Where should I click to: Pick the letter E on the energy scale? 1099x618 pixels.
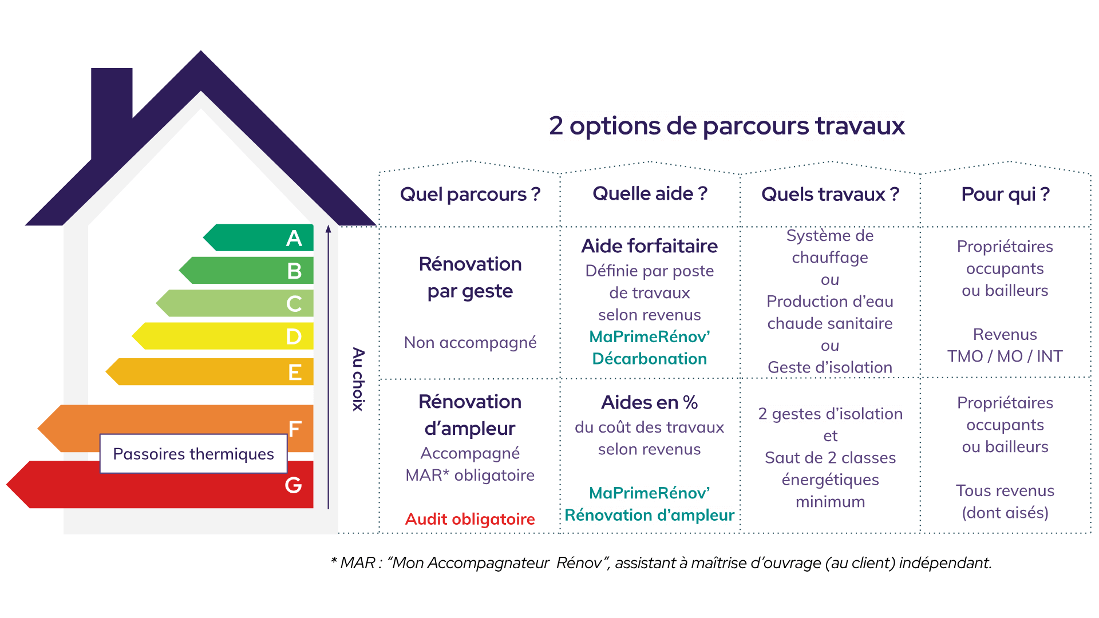pyautogui.click(x=294, y=373)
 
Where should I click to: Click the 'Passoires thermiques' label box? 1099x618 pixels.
pyautogui.click(x=193, y=454)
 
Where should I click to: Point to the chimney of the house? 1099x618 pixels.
pyautogui.click(x=112, y=109)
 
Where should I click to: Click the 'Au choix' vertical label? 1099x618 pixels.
pyautogui.click(x=358, y=379)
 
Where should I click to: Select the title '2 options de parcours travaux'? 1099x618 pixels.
pyautogui.click(x=726, y=126)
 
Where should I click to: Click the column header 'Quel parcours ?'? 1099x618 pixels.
pyautogui.click(x=470, y=195)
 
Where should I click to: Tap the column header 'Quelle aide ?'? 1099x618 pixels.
pyautogui.click(x=650, y=194)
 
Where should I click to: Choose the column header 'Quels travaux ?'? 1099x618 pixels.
pyautogui.click(x=830, y=195)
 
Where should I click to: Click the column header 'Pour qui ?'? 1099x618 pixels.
pyautogui.click(x=1005, y=195)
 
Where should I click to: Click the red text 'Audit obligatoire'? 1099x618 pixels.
pyautogui.click(x=470, y=519)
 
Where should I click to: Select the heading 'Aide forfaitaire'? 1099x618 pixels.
pyautogui.click(x=649, y=246)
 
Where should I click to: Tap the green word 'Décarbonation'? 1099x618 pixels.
pyautogui.click(x=649, y=359)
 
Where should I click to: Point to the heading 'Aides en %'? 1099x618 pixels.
pyautogui.click(x=649, y=403)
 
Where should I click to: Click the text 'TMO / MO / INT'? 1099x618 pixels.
pyautogui.click(x=1005, y=356)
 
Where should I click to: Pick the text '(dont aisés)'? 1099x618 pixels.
pyautogui.click(x=1005, y=513)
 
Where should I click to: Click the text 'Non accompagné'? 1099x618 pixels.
pyautogui.click(x=470, y=342)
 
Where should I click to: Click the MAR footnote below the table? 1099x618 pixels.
pyautogui.click(x=661, y=563)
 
